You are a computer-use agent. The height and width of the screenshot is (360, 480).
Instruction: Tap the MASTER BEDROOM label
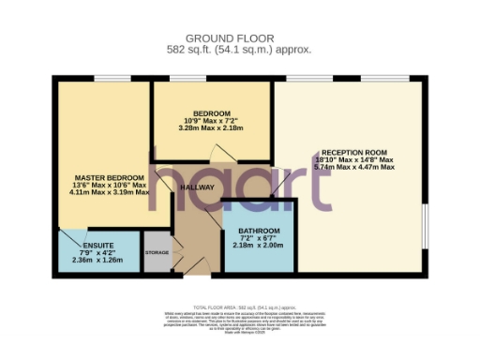pyautogui.click(x=110, y=177)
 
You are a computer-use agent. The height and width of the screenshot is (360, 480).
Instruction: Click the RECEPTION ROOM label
pyautogui.click(x=353, y=152)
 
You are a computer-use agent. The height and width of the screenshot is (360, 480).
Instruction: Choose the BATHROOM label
pyautogui.click(x=258, y=231)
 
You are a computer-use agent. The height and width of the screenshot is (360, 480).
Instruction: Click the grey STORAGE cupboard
pyautogui.click(x=157, y=253)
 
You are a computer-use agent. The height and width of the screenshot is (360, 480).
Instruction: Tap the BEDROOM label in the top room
pyautogui.click(x=211, y=113)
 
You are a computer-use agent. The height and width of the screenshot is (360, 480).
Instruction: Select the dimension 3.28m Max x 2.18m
pyautogui.click(x=211, y=128)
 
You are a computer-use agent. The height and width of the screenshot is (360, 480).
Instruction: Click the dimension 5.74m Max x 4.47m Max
pyautogui.click(x=353, y=167)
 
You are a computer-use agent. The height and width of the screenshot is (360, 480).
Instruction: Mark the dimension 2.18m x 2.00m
pyautogui.click(x=258, y=246)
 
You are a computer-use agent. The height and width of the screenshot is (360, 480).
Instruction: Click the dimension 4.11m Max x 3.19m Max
pyautogui.click(x=110, y=192)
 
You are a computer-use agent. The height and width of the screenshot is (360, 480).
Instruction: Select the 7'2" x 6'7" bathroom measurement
pyautogui.click(x=258, y=238)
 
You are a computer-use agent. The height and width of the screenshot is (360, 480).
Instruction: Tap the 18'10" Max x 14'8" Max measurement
pyautogui.click(x=353, y=159)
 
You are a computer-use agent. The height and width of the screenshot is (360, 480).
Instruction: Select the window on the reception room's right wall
pyautogui.click(x=425, y=225)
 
